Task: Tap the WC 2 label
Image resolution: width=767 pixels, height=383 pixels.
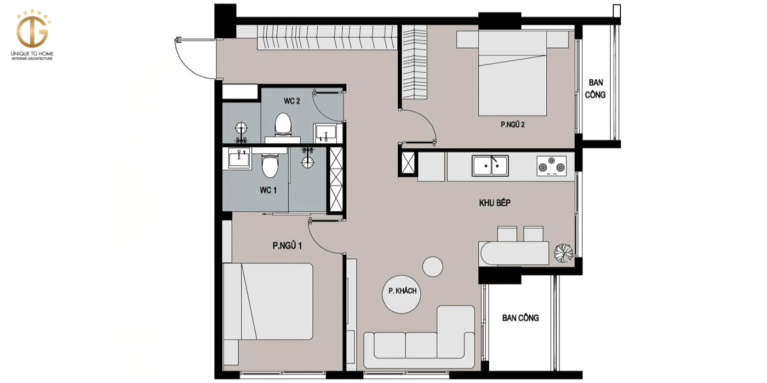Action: (291, 101)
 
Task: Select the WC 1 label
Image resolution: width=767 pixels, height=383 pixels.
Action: (268, 190)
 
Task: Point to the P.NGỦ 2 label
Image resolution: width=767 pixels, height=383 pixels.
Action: (513, 125)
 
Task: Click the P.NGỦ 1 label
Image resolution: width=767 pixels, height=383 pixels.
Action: (287, 246)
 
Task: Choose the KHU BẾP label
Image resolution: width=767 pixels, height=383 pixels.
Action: (495, 203)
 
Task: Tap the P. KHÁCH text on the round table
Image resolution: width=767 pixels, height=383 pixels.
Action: (402, 291)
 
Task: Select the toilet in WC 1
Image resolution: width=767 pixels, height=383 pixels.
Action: (270, 166)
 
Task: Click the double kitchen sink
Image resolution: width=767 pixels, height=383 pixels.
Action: (490, 166)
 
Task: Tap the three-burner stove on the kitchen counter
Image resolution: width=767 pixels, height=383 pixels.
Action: (551, 166)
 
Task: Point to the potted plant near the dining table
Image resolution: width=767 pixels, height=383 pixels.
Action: (563, 253)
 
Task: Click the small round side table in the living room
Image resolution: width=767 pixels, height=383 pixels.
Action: (432, 267)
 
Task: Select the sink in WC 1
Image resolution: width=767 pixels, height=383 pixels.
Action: (239, 159)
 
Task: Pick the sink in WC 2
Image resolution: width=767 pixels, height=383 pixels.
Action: (325, 132)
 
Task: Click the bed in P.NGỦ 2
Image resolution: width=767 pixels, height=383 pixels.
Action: (512, 73)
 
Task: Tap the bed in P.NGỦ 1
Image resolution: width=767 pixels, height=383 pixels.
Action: (268, 301)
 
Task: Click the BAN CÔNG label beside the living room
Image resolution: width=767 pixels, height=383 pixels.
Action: (520, 318)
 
